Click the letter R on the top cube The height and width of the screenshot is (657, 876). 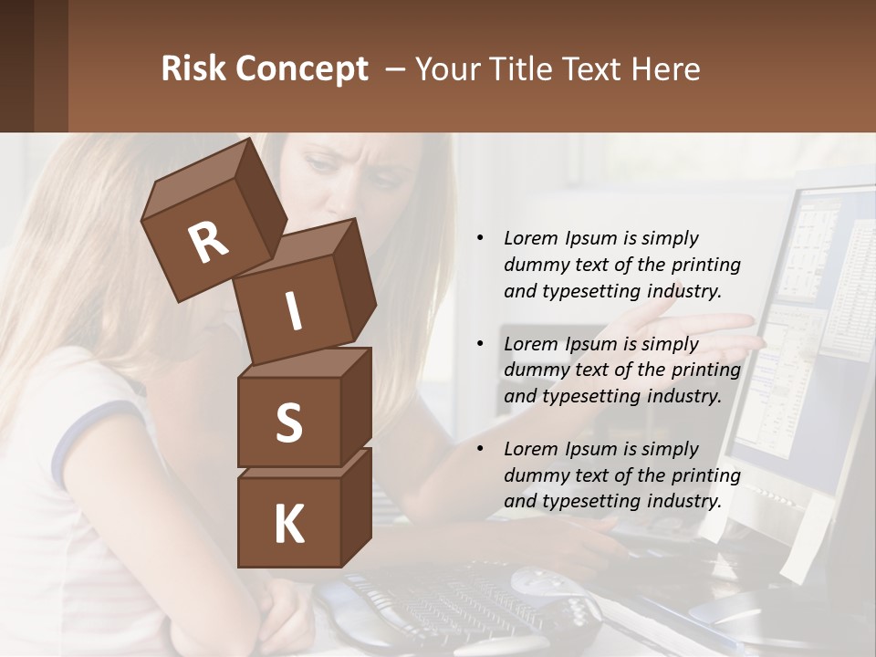click(209, 242)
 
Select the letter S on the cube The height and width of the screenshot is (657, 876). click(289, 423)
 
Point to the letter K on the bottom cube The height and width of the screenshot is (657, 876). click(289, 525)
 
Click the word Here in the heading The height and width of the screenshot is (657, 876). click(667, 69)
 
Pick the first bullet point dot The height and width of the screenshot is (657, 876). click(480, 239)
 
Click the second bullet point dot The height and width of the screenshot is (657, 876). click(480, 344)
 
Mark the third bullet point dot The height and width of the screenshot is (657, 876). click(480, 449)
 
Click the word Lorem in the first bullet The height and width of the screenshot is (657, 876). click(530, 238)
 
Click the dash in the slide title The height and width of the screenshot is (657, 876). click(397, 69)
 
